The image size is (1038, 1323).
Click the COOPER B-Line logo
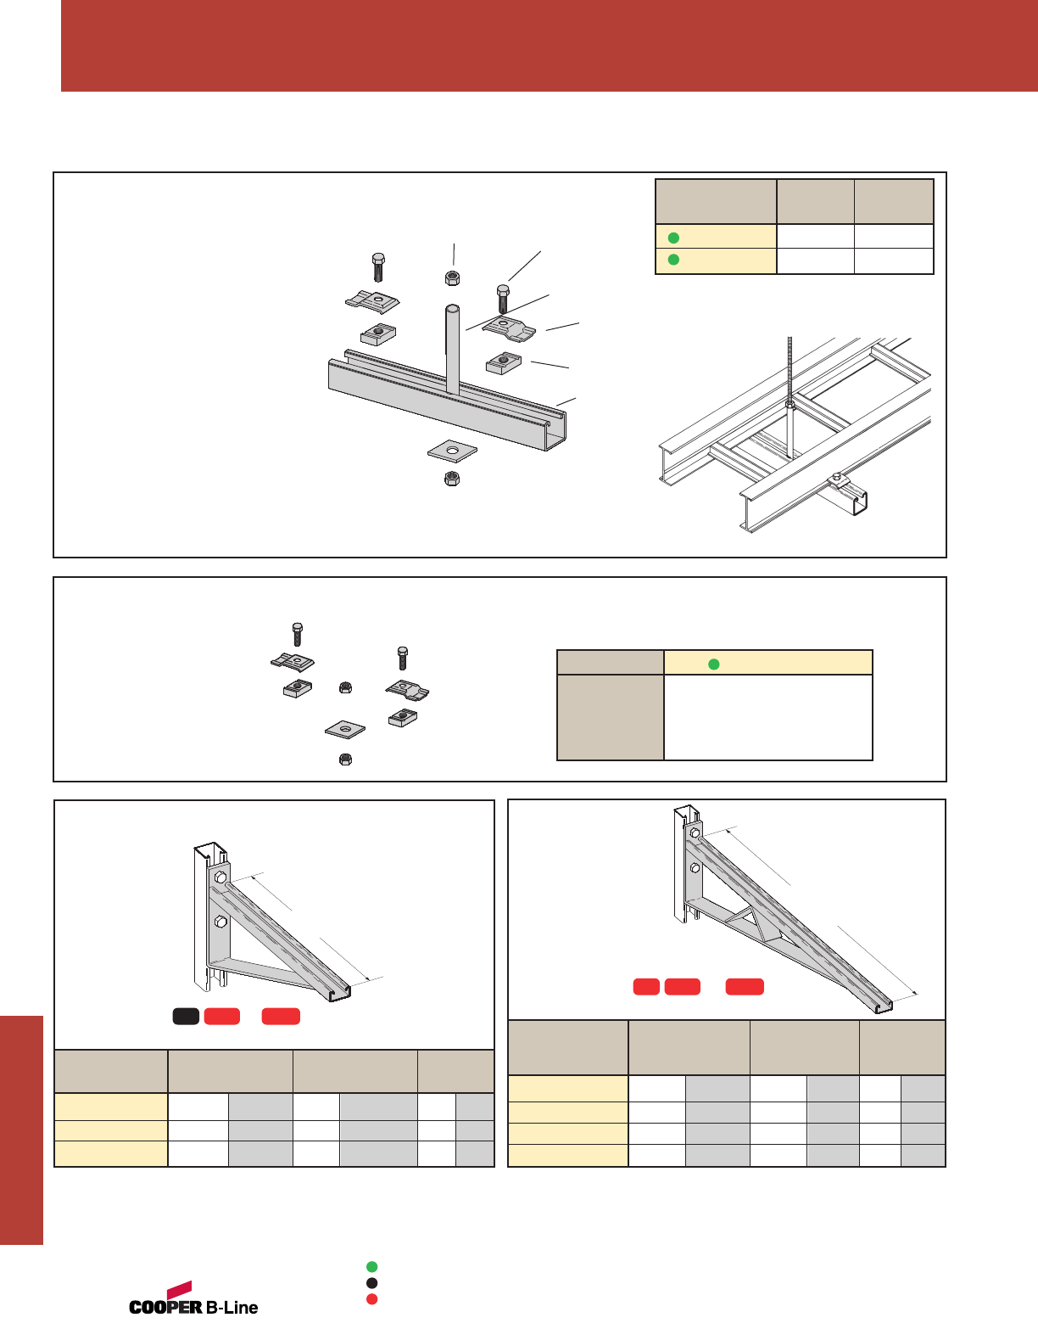pyautogui.click(x=193, y=1298)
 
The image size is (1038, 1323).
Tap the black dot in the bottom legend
pyautogui.click(x=371, y=1283)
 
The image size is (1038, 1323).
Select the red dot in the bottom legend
pyautogui.click(x=371, y=1299)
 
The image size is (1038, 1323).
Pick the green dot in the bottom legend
pyautogui.click(x=371, y=1266)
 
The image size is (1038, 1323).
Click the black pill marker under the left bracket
pyautogui.click(x=187, y=1016)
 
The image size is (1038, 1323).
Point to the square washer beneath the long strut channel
pyautogui.click(x=452, y=451)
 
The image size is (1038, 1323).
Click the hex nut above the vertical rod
pyautogui.click(x=452, y=278)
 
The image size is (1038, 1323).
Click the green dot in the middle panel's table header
pyautogui.click(x=714, y=664)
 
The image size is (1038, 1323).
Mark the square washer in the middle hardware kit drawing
pyautogui.click(x=345, y=728)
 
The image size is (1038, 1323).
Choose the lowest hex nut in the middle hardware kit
pyautogui.click(x=346, y=760)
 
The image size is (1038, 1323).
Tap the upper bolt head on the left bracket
pyautogui.click(x=220, y=877)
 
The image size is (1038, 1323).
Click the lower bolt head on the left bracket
pyautogui.click(x=220, y=922)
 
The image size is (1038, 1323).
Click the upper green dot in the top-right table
pyautogui.click(x=673, y=238)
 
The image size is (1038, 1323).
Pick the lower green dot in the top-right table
pyautogui.click(x=673, y=260)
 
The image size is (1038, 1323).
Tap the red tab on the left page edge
pyautogui.click(x=21, y=1130)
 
